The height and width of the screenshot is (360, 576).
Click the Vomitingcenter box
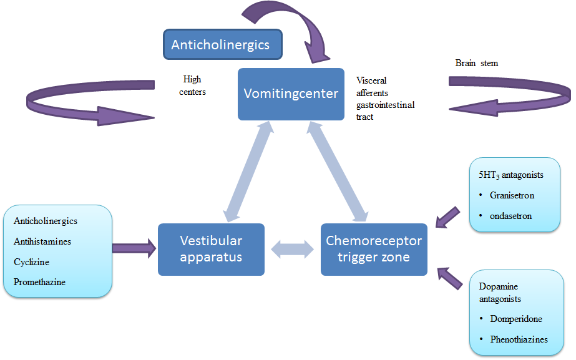(x=291, y=94)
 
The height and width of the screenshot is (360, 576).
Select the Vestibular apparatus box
(x=211, y=249)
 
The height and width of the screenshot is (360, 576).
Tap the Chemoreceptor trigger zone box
(x=374, y=249)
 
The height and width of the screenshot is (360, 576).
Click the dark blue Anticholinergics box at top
(x=221, y=45)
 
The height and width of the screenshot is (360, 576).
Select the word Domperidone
(x=515, y=319)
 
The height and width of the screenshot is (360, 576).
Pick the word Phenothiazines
(x=519, y=339)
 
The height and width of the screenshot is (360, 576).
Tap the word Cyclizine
(x=31, y=262)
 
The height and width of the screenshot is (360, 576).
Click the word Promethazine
(x=39, y=282)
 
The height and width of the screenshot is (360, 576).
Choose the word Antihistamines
(x=42, y=241)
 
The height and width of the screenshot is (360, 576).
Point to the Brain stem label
(x=477, y=63)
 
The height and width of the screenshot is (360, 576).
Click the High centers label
(x=193, y=85)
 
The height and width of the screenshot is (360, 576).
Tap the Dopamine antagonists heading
(x=499, y=293)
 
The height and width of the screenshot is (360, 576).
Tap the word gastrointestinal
(x=385, y=105)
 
